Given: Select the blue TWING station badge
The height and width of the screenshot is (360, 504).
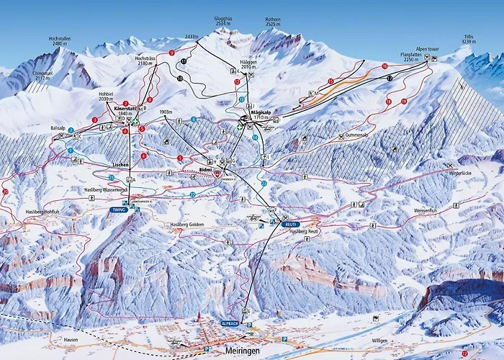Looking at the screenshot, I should click(118, 210).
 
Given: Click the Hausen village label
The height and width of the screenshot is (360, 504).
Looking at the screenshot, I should click(70, 338).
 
